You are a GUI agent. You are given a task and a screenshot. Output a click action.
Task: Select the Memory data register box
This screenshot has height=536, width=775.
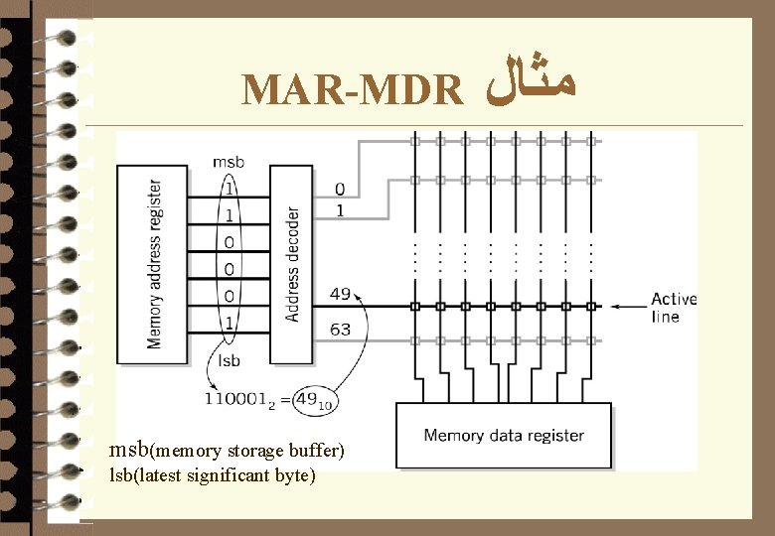(x=504, y=436)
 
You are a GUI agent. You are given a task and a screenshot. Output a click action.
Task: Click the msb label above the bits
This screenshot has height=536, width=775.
(x=228, y=162)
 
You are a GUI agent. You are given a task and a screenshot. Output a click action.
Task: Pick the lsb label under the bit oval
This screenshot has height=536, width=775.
(x=228, y=361)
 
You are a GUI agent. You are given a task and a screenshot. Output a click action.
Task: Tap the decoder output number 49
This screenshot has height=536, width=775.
(x=340, y=293)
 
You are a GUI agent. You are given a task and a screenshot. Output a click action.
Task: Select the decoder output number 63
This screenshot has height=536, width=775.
(x=340, y=329)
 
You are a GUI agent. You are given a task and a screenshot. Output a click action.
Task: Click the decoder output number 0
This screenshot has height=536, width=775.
(x=340, y=188)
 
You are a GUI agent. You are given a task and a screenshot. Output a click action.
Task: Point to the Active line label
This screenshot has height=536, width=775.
(x=674, y=308)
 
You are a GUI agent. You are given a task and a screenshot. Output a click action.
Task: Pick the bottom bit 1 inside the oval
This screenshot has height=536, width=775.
(x=230, y=323)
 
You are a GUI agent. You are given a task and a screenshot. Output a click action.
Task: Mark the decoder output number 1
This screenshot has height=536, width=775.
(x=340, y=209)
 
